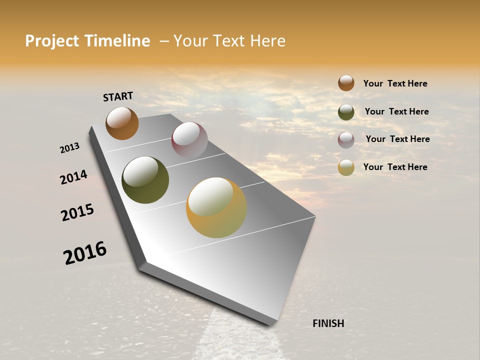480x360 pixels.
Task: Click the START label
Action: pyautogui.click(x=118, y=96)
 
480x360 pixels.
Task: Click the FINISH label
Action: pyautogui.click(x=328, y=323)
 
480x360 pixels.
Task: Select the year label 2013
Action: pyautogui.click(x=69, y=148)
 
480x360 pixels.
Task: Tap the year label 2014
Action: pyautogui.click(x=73, y=177)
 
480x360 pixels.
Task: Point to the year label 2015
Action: pyautogui.click(x=77, y=212)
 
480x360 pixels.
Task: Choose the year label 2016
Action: pyautogui.click(x=85, y=252)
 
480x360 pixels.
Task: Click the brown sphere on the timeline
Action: pyautogui.click(x=122, y=123)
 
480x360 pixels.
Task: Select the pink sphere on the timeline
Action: pyautogui.click(x=189, y=140)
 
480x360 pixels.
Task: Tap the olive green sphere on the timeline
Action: pyautogui.click(x=145, y=180)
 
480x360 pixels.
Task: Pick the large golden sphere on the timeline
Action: pyautogui.click(x=216, y=207)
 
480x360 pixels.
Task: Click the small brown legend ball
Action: pyautogui.click(x=346, y=83)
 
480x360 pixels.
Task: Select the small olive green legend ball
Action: pyautogui.click(x=346, y=112)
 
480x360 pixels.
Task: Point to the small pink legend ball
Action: pyautogui.click(x=346, y=140)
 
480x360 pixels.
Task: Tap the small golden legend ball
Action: pyautogui.click(x=346, y=167)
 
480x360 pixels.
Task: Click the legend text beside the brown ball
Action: pyautogui.click(x=395, y=83)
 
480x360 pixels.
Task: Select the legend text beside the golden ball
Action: pyautogui.click(x=395, y=167)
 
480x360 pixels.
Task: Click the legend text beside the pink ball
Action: pyautogui.click(x=397, y=139)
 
